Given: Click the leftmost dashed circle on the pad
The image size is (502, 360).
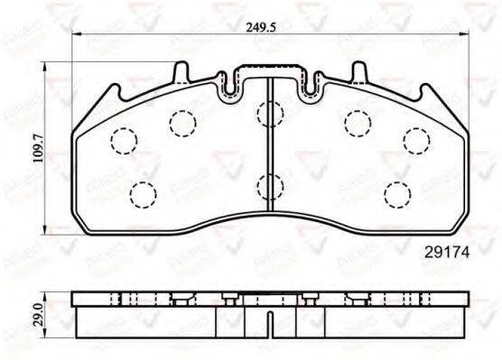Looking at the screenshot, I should pyautogui.click(x=122, y=140).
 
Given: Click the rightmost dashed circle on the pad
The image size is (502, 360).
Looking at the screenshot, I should pyautogui.click(x=416, y=139).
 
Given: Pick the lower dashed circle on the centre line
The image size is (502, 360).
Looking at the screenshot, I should pyautogui.click(x=270, y=187).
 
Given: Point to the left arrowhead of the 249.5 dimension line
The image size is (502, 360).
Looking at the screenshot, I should pyautogui.click(x=74, y=36).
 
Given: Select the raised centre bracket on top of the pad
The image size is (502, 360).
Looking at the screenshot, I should pyautogui.click(x=272, y=72).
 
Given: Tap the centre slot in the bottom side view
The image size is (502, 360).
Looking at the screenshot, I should pyautogui.click(x=272, y=321).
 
